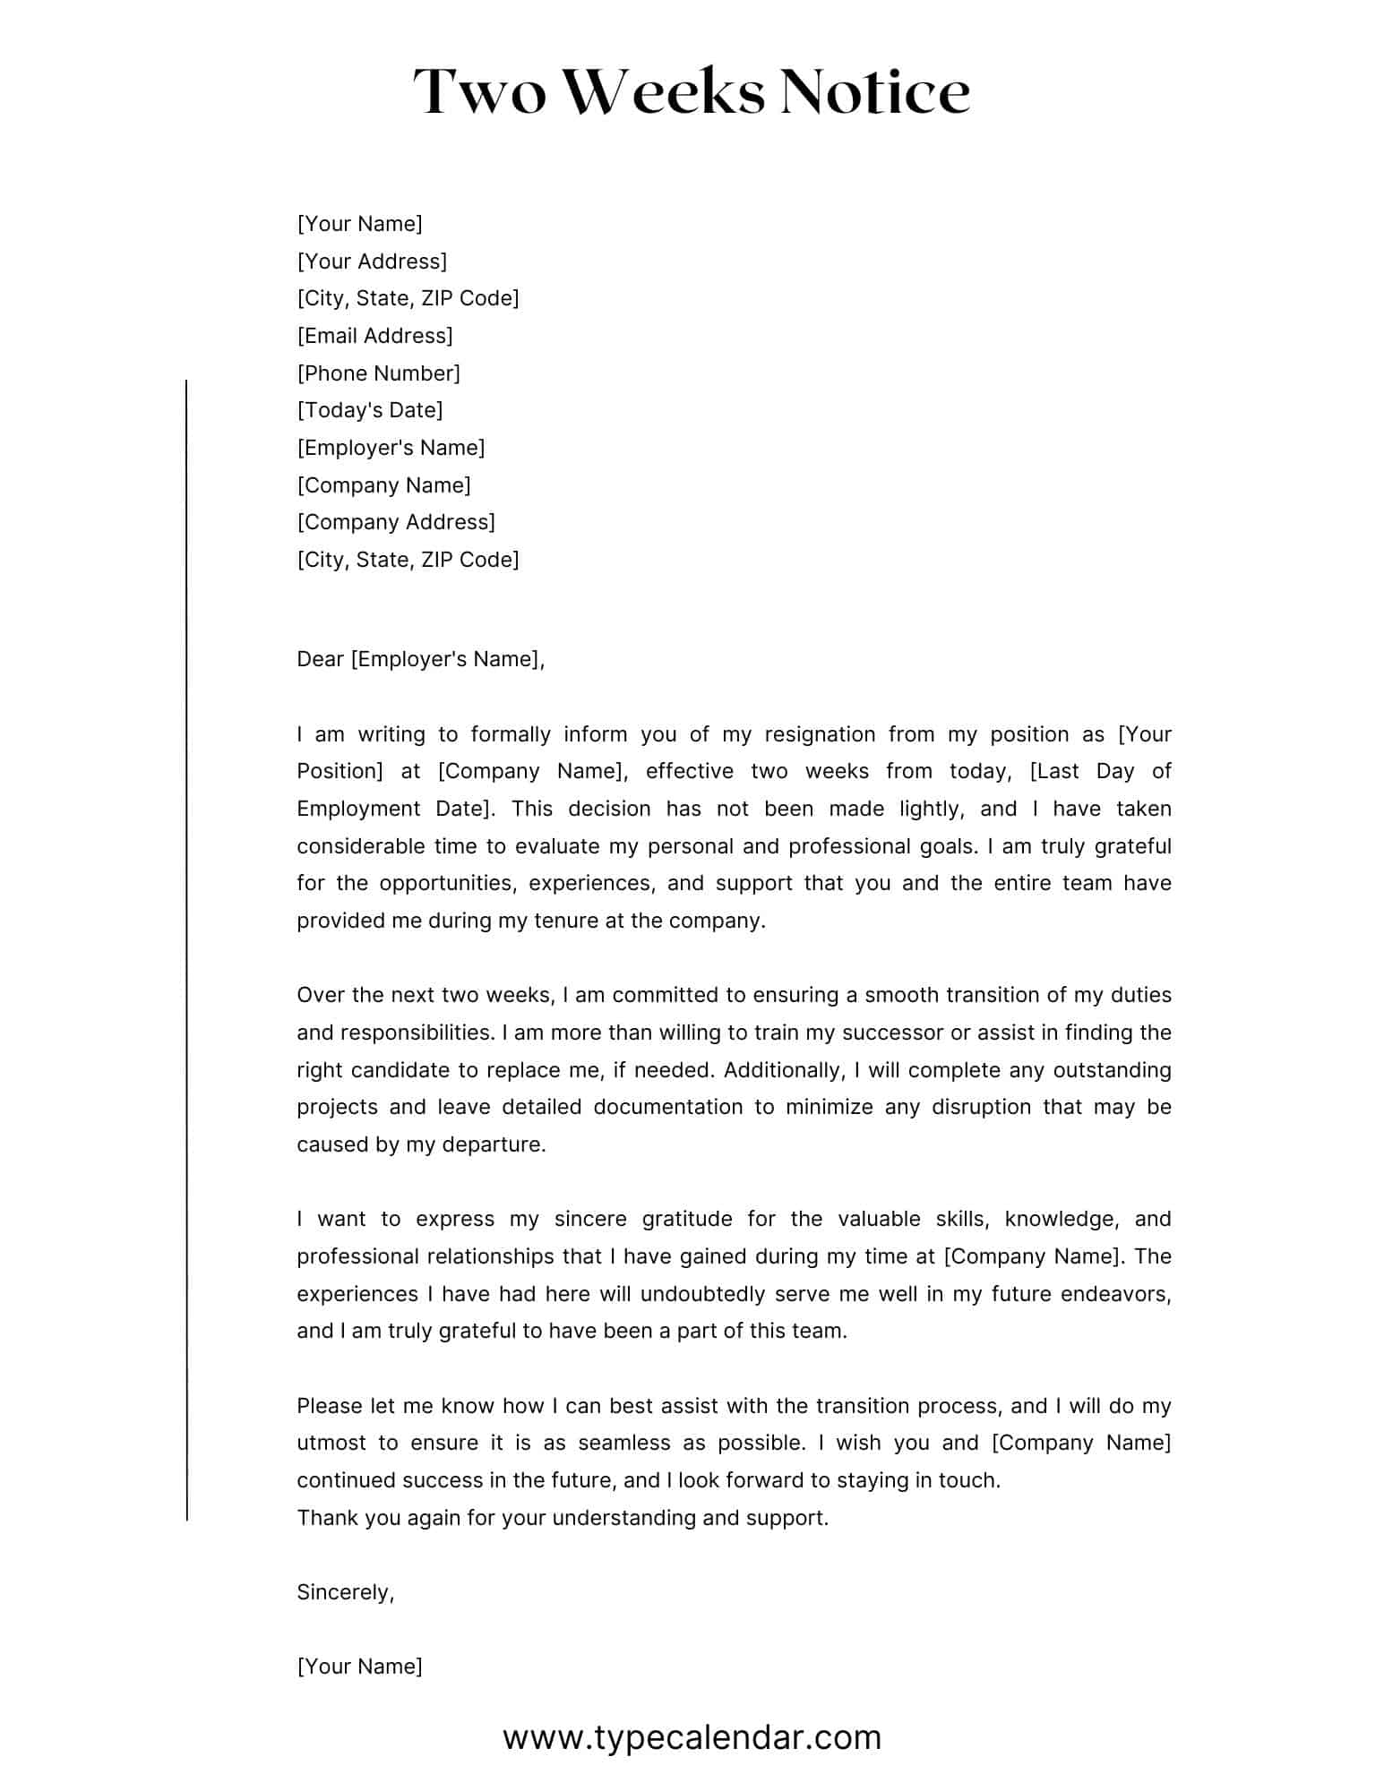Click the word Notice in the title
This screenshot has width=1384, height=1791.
pyautogui.click(x=874, y=92)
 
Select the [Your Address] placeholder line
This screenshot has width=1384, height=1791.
pyautogui.click(x=372, y=261)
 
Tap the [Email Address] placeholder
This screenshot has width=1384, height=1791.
pyautogui.click(x=374, y=336)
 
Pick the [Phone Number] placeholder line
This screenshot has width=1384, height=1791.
pyautogui.click(x=378, y=373)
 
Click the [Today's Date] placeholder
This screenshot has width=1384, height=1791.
pyautogui.click(x=370, y=410)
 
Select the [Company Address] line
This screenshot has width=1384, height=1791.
pyautogui.click(x=396, y=522)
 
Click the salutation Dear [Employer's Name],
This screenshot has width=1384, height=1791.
pyautogui.click(x=420, y=659)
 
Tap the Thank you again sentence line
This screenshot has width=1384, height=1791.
pyautogui.click(x=563, y=1518)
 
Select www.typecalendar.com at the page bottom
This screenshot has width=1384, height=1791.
pyautogui.click(x=692, y=1737)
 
